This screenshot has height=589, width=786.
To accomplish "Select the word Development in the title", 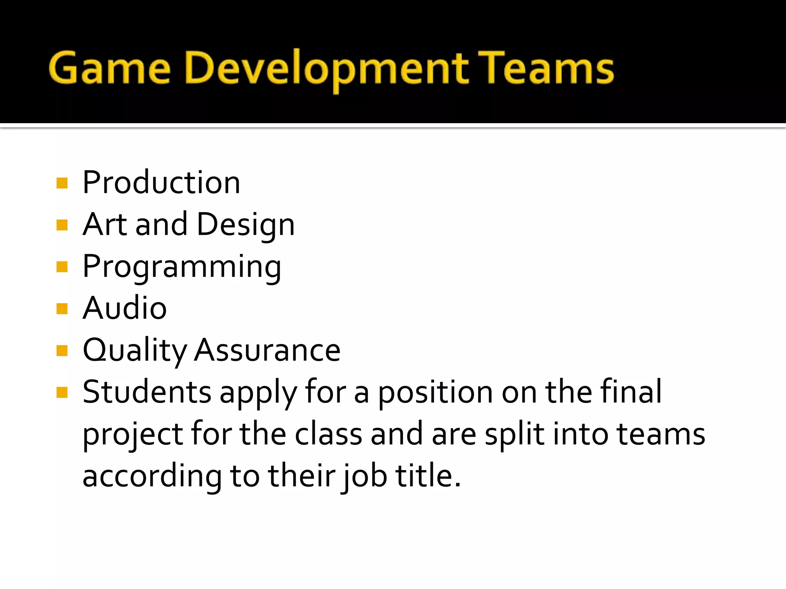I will pos(327,69).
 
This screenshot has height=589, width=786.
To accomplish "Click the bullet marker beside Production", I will pos(62,183).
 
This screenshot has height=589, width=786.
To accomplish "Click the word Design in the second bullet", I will pos(246,225).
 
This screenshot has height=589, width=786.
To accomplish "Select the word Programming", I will pos(182,267).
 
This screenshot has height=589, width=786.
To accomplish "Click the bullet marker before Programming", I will pos(62,267).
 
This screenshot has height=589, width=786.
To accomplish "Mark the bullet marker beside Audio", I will pos(62,308).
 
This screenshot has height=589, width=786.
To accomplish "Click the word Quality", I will pos(135,350).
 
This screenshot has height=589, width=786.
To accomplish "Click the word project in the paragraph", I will pos(133,435).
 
